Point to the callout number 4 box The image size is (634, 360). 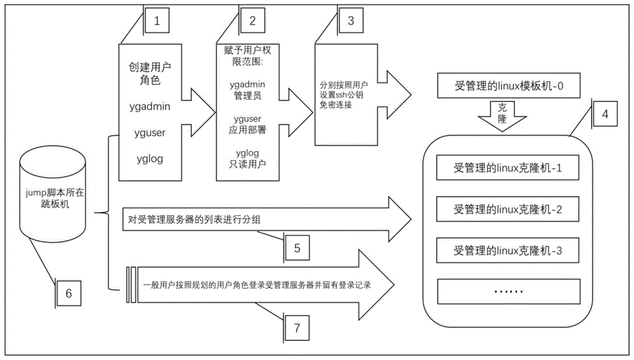(x=604, y=115)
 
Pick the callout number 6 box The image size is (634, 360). (x=69, y=292)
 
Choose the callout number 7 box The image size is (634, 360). (x=296, y=326)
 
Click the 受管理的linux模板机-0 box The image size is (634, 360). (x=508, y=86)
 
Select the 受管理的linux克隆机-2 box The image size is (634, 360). (x=508, y=209)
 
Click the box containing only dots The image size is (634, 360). (x=508, y=292)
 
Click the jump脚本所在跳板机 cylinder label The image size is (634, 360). (x=53, y=191)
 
